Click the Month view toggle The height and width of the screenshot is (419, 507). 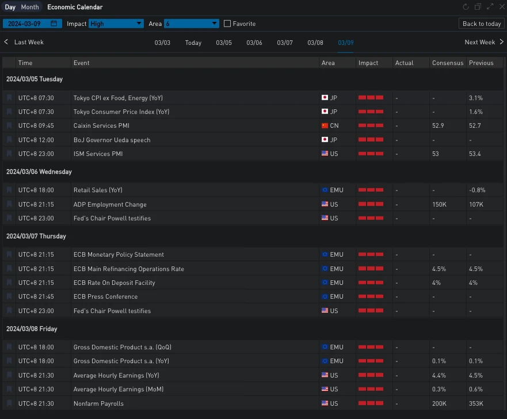pos(30,7)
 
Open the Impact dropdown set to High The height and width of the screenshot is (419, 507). pos(116,24)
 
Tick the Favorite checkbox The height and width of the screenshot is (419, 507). pos(227,24)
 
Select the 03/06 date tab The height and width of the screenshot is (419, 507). pos(254,43)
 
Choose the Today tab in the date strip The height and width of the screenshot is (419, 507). pos(193,43)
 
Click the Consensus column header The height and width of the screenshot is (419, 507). pos(448,63)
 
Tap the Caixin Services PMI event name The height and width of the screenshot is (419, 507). pos(101,125)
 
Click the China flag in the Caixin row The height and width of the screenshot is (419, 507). pos(325,125)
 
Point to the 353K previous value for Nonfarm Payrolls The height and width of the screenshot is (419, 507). pos(476,403)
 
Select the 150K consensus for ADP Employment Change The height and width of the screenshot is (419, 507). pos(439,204)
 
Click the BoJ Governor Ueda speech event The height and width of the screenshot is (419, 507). pos(112,140)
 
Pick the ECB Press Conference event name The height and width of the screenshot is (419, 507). pos(105,296)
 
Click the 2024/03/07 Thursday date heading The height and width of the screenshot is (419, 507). pos(36,236)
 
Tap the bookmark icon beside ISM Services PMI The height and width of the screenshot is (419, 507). pos(9,154)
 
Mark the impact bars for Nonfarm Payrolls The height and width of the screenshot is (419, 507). pos(371,403)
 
